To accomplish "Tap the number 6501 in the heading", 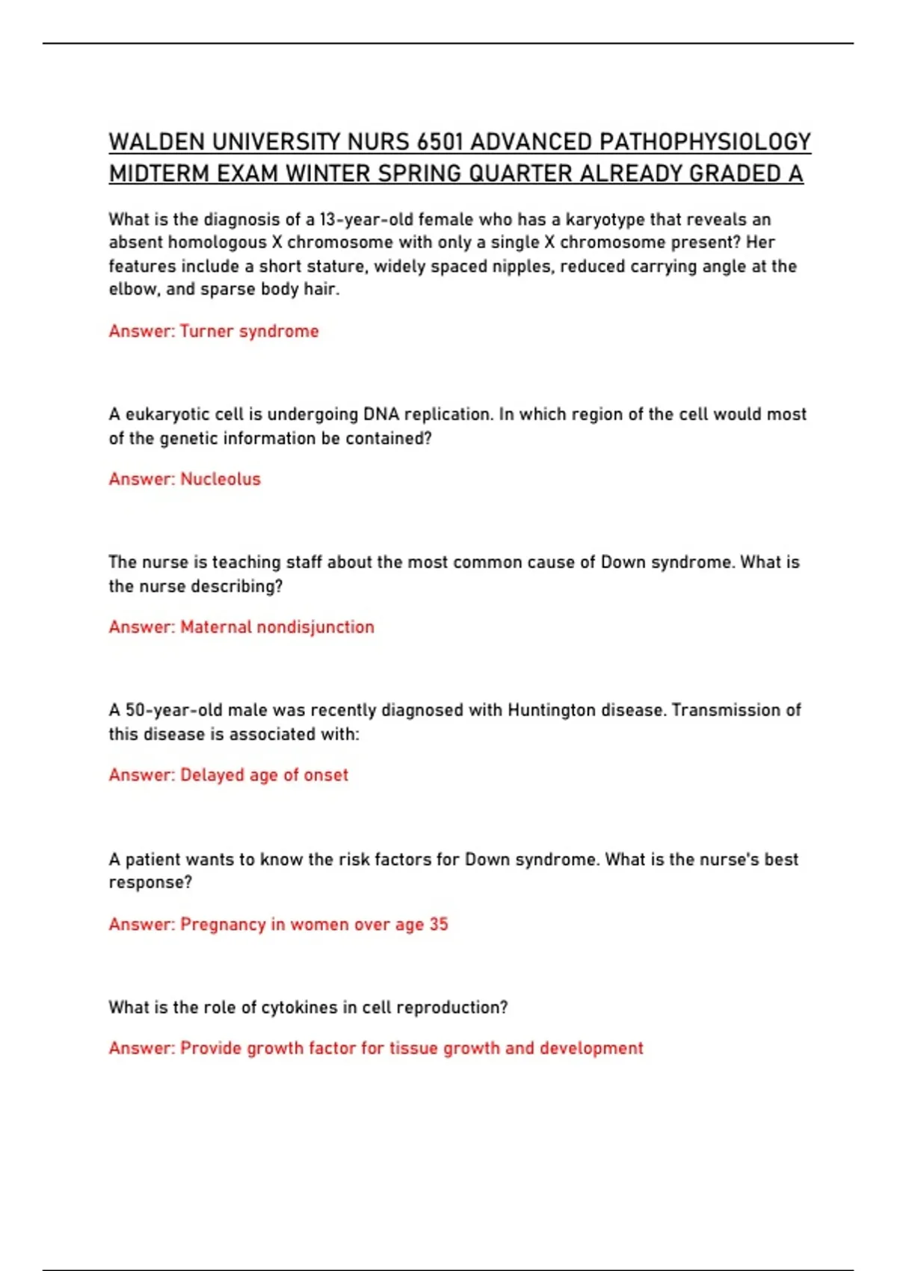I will (x=440, y=142).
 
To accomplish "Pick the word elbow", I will (x=133, y=289).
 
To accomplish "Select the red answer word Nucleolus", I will (x=221, y=479).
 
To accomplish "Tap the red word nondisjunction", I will (x=315, y=627).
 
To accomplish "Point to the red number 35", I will (x=439, y=925).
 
